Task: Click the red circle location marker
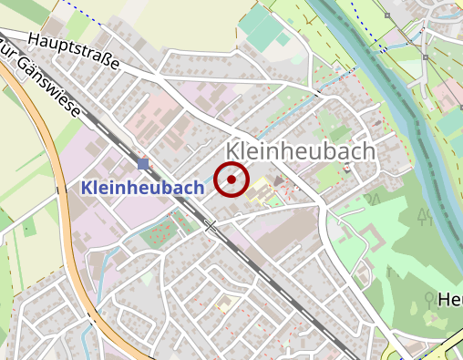(231, 180)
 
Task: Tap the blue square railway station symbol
(143, 164)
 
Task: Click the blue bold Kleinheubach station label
(142, 187)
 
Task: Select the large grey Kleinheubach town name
(300, 151)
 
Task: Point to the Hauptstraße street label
(75, 52)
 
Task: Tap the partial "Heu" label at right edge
(449, 300)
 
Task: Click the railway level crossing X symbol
(211, 225)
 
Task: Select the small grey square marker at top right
(386, 15)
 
